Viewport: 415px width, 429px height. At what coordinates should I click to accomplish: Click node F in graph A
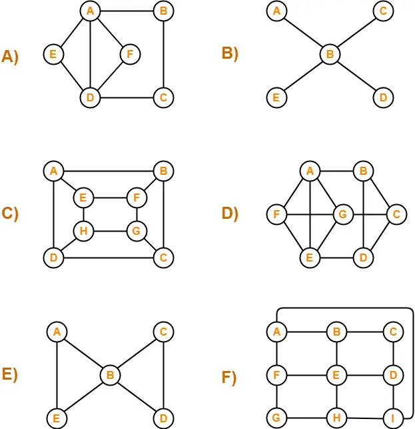[x=130, y=53]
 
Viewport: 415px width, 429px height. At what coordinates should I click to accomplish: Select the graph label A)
[x=11, y=57]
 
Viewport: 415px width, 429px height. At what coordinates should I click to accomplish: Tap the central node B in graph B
[x=328, y=54]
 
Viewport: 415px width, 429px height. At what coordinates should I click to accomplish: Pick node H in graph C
[x=84, y=232]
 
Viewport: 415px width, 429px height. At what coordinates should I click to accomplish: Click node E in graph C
[x=84, y=198]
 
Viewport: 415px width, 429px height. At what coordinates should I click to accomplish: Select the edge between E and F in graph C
[x=110, y=198]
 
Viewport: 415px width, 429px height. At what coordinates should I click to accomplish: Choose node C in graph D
[x=396, y=214]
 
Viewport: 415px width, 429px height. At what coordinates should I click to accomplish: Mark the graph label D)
[x=230, y=213]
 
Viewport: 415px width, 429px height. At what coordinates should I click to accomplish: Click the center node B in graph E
[x=111, y=375]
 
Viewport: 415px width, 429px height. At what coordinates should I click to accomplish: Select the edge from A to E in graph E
[x=57, y=375]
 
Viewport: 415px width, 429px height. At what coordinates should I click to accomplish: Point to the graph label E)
[x=10, y=374]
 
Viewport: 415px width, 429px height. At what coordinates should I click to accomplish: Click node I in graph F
[x=394, y=419]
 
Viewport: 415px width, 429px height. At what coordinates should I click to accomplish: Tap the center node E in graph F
[x=336, y=375]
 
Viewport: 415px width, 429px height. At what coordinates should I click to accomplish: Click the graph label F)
[x=229, y=378]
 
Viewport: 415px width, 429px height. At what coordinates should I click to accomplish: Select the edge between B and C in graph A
[x=163, y=54]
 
